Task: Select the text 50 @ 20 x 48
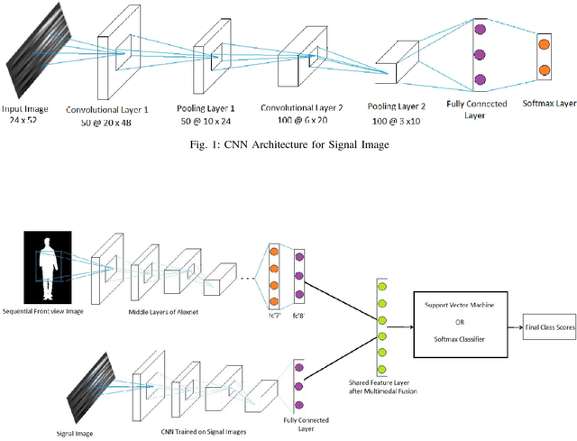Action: pos(107,120)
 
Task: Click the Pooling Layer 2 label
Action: pos(399,107)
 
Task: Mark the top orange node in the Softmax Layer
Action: pos(544,42)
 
